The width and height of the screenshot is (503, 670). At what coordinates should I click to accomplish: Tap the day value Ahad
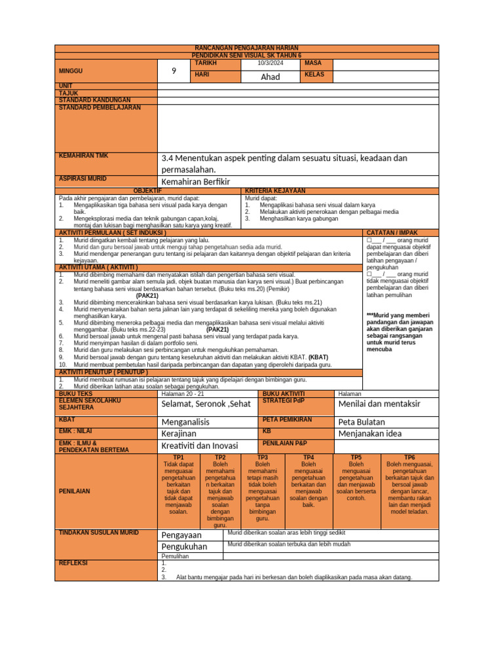point(270,77)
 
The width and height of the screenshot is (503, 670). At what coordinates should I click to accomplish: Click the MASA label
point(314,63)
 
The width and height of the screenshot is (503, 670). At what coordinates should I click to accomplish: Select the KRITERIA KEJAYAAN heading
point(275,190)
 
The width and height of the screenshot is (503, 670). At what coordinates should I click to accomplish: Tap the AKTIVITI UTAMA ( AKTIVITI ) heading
point(99,268)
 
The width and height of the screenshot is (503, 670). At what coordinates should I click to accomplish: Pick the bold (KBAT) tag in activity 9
point(319,358)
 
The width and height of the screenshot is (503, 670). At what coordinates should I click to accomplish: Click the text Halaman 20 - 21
point(183,394)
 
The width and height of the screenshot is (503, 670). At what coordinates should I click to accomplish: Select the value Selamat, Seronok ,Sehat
point(206,404)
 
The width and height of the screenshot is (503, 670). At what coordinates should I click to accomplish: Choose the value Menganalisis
point(185,422)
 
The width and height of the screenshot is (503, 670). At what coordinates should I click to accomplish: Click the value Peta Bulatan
point(362,422)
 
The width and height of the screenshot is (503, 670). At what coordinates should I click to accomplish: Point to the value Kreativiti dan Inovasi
point(200,446)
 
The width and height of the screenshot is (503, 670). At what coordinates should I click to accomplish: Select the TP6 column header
point(409,457)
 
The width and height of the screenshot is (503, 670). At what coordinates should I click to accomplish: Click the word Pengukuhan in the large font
point(184,546)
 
